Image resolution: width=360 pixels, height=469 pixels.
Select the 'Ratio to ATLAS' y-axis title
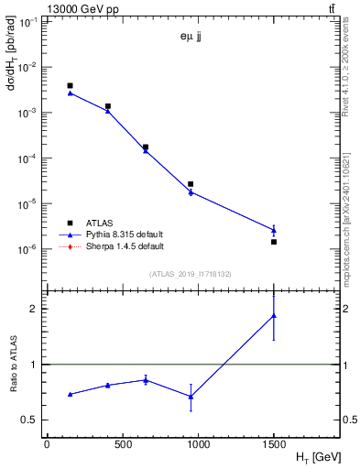[x=13, y=365]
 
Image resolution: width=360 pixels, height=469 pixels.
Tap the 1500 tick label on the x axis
[x=273, y=443]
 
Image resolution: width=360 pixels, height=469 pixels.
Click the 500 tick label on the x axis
[x=122, y=443]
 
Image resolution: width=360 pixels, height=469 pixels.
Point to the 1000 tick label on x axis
[x=198, y=443]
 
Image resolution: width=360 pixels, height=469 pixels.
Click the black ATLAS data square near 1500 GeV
[x=274, y=242]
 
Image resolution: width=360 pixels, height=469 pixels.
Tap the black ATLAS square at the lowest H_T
[x=70, y=85]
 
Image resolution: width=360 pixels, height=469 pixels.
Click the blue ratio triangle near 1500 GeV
[x=274, y=316]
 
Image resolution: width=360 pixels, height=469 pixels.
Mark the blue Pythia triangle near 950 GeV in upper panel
[x=191, y=191]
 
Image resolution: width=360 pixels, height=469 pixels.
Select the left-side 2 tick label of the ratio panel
[x=33, y=309]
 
